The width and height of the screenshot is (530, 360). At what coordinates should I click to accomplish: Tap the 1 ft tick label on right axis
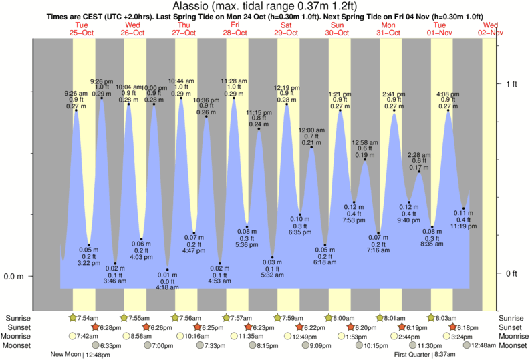511,83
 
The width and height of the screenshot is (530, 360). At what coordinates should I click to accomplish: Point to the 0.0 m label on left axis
31,277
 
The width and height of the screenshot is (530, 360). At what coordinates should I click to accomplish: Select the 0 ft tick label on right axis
511,273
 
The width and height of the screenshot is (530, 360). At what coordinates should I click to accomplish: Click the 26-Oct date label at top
132,32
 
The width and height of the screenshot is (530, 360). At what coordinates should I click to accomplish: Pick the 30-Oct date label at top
338,32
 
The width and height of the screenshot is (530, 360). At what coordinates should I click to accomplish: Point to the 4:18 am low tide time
167,288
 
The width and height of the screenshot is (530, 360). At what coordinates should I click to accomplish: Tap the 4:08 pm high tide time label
448,93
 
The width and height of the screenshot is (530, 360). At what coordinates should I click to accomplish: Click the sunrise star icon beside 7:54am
74,317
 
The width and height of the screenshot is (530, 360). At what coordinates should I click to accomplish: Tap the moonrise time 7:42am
86,336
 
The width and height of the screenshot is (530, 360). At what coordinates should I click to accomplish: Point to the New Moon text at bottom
65,355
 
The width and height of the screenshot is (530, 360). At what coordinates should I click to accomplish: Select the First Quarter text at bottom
413,355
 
